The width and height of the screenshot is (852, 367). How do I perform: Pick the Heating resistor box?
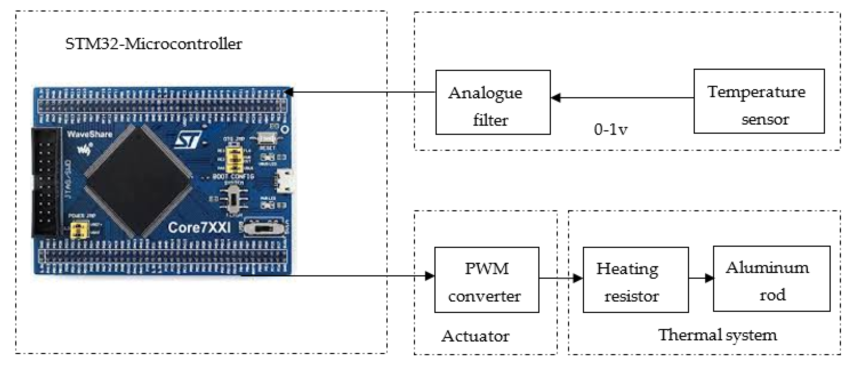point(635,280)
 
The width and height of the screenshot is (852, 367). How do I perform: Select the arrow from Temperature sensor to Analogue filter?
point(622,98)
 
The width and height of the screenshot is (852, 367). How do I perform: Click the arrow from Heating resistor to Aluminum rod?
point(701,278)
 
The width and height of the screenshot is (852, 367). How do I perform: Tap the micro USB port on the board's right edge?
point(285,181)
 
